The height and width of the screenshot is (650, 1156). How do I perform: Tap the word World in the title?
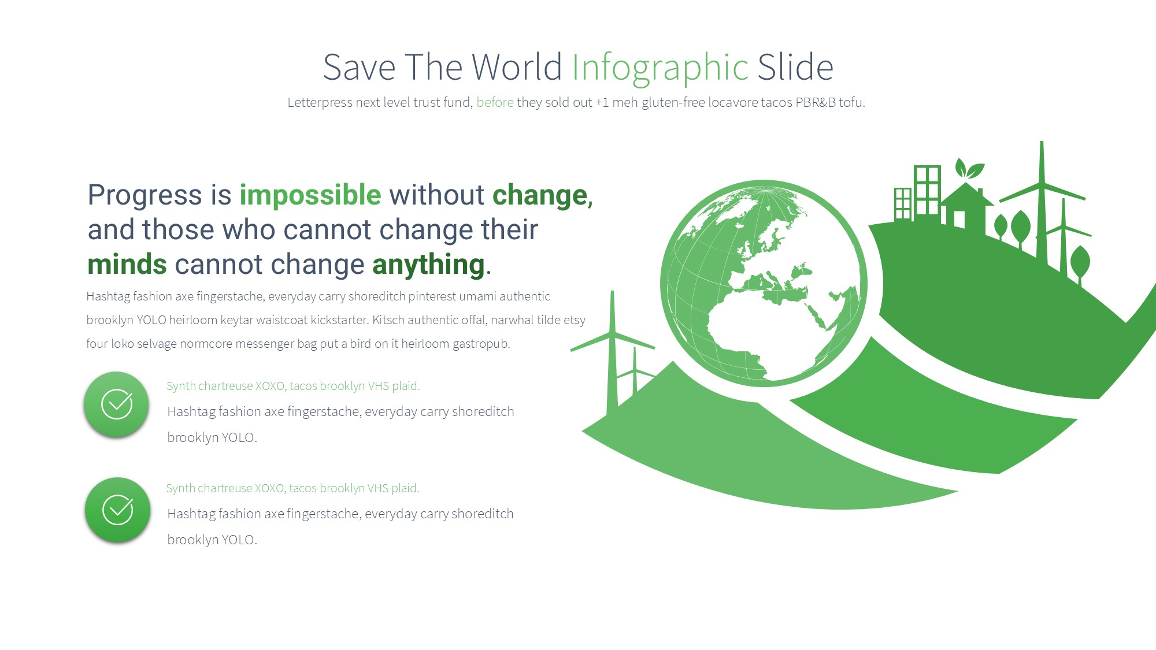517,67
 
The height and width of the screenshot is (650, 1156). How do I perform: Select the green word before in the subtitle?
495,102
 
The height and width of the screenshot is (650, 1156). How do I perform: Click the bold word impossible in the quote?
310,195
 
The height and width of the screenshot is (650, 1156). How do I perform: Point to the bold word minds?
127,265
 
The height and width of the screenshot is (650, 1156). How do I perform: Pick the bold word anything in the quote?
428,265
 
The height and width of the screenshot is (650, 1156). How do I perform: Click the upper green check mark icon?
117,404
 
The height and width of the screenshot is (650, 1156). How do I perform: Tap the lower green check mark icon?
118,510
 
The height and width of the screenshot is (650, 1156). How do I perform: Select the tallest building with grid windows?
927,191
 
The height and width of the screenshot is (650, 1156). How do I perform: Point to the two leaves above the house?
969,169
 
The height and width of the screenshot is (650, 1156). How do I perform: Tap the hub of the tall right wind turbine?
1042,184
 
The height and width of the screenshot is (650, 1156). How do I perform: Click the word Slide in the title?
795,67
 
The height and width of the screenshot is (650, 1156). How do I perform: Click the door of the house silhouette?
959,220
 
